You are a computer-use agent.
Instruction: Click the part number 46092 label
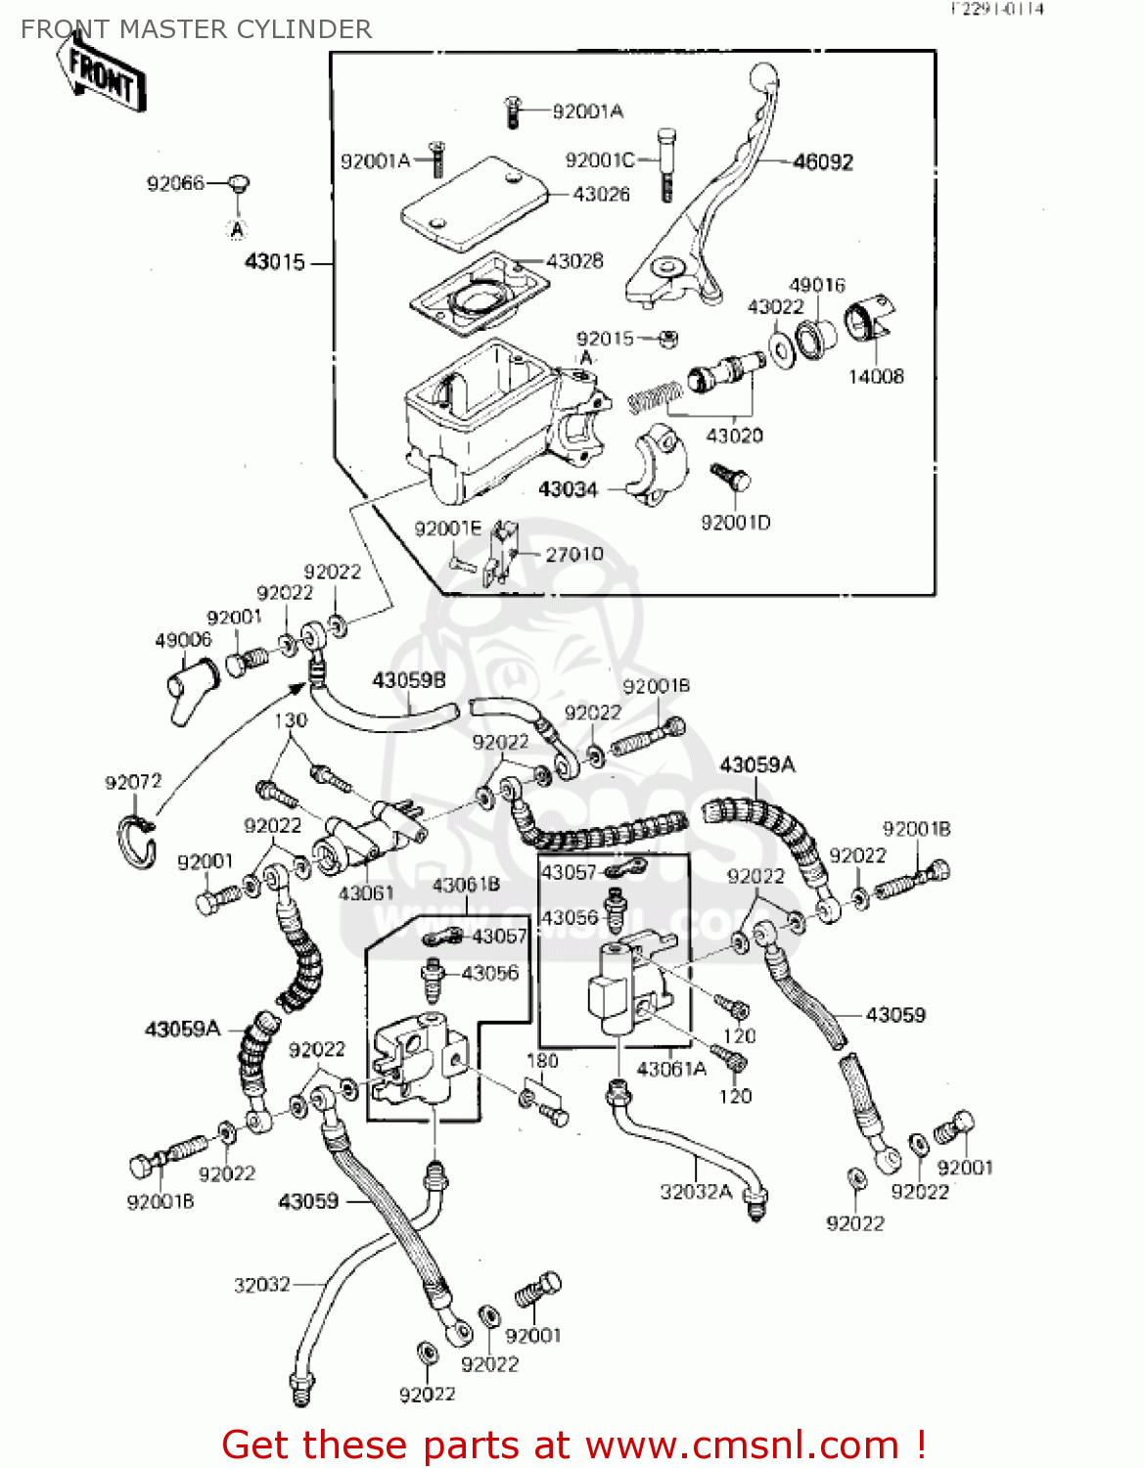822,162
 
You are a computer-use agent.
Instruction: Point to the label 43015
274,262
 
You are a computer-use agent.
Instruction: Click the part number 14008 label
875,377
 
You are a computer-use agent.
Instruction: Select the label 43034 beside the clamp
568,489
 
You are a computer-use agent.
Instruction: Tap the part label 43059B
409,680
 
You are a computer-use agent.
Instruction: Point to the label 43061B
466,885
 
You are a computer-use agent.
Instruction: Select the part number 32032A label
696,1191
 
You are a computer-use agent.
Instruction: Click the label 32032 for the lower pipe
261,1284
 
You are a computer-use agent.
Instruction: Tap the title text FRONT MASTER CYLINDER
196,29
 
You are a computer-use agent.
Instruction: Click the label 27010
574,554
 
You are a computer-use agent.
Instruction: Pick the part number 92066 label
175,183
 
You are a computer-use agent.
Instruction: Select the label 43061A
671,1069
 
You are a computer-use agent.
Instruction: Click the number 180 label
542,1061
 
